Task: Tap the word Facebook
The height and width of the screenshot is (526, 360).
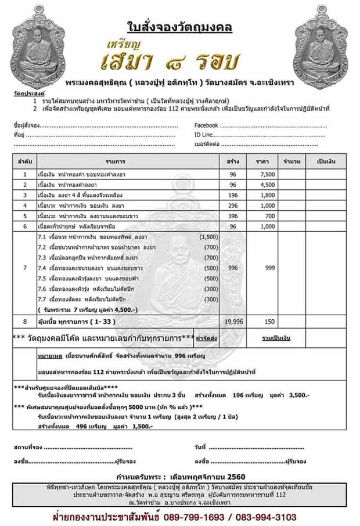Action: [x=206, y=125]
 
